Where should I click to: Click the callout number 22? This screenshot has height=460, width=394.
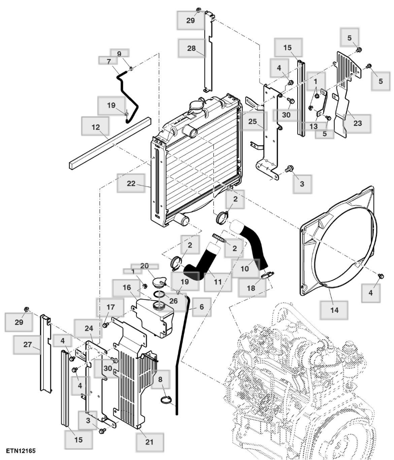[x=131, y=184]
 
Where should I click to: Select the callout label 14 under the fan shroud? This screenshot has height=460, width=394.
[x=334, y=310]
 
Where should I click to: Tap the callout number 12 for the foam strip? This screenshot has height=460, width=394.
[x=96, y=127]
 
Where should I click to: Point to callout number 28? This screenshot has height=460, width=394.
[x=191, y=48]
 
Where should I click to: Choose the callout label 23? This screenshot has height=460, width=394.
[x=357, y=123]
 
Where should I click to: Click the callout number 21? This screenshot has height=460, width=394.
[x=149, y=442]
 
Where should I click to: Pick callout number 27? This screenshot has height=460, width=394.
[x=27, y=344]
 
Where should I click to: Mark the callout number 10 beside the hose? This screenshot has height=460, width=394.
[x=245, y=268]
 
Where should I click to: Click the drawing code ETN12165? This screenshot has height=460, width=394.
[x=21, y=451]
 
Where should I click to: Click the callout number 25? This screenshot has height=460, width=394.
[x=253, y=121]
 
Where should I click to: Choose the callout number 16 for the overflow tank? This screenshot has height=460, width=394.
[x=127, y=287]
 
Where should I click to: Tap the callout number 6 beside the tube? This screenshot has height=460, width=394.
[x=202, y=307]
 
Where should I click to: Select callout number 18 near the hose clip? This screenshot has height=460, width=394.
[x=251, y=288]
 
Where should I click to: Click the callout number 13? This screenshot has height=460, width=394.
[x=314, y=126]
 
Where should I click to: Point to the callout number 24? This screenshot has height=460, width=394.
[x=89, y=328]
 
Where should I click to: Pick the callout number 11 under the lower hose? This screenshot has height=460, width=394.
[x=218, y=281]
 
